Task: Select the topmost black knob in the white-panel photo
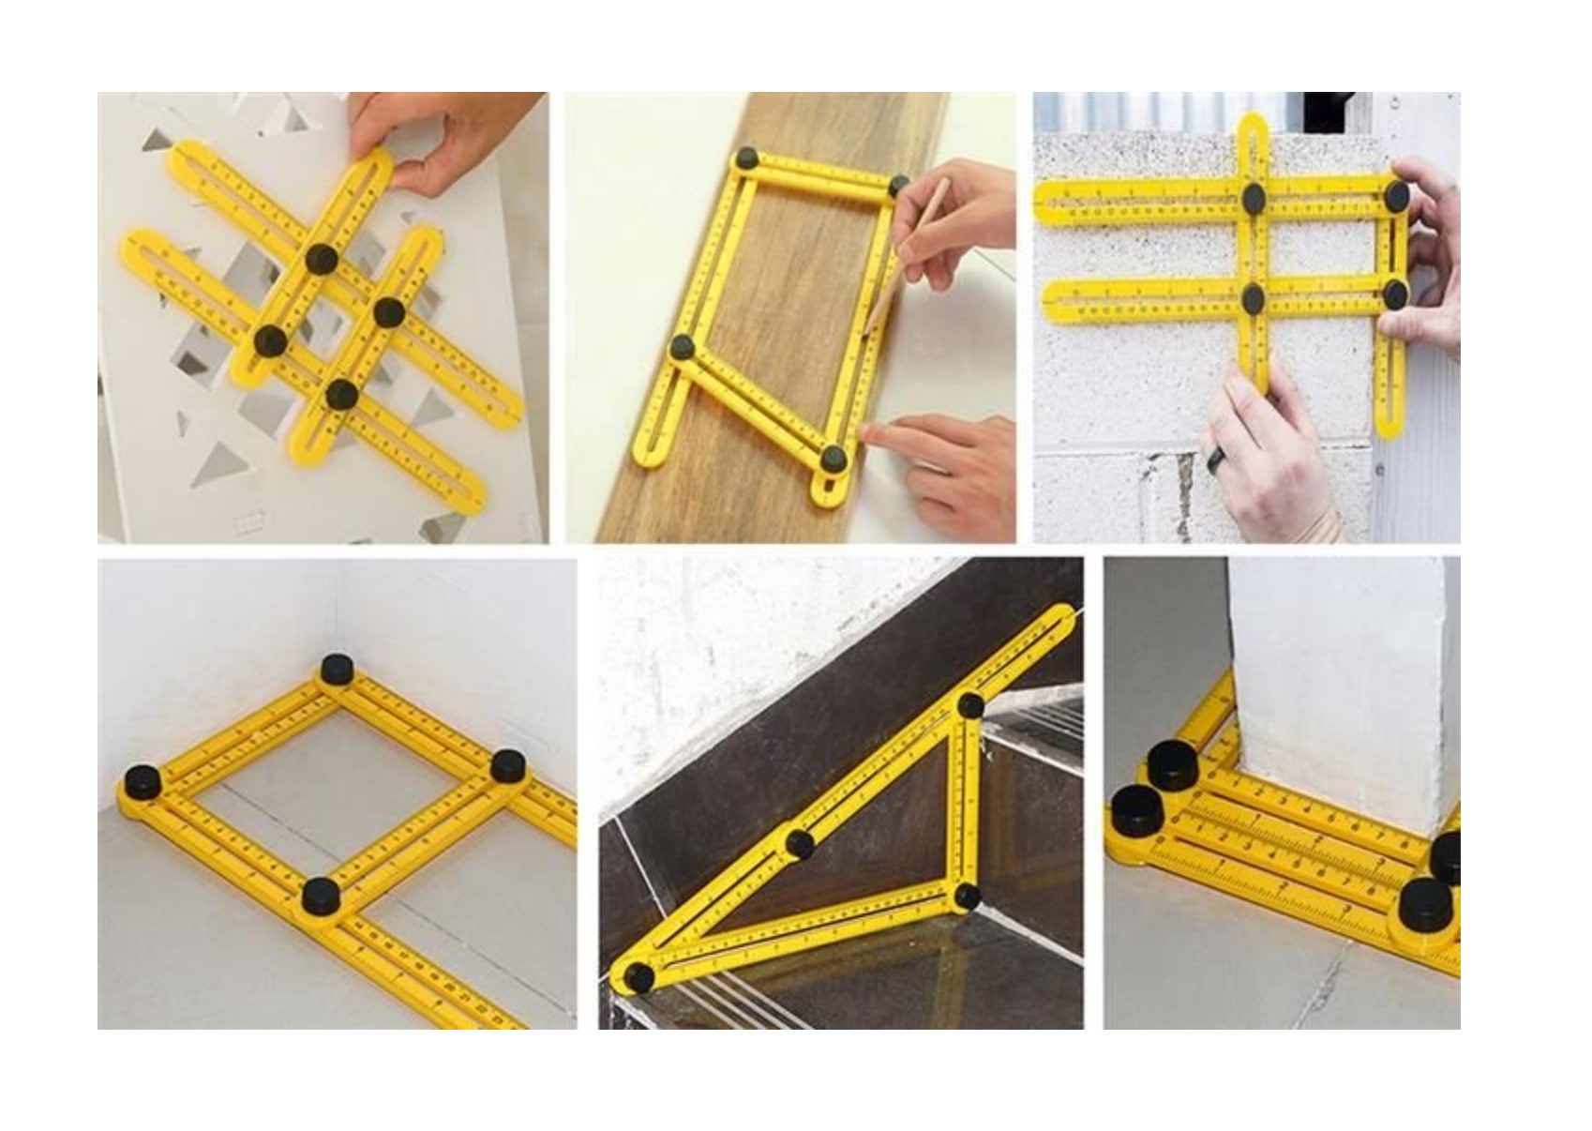tap(322, 258)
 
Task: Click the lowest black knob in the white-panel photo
tap(342, 394)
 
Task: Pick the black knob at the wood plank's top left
tap(747, 158)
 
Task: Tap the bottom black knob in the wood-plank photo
tap(833, 458)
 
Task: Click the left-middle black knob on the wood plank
tap(683, 348)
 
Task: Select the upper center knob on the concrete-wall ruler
tap(1254, 197)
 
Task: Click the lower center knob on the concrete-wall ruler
tap(1254, 298)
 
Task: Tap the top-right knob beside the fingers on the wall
tap(1396, 195)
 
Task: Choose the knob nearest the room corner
tap(335, 670)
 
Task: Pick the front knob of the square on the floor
tap(321, 896)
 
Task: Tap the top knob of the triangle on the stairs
tap(970, 705)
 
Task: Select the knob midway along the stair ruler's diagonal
tap(800, 843)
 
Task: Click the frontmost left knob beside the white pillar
tap(1135, 811)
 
